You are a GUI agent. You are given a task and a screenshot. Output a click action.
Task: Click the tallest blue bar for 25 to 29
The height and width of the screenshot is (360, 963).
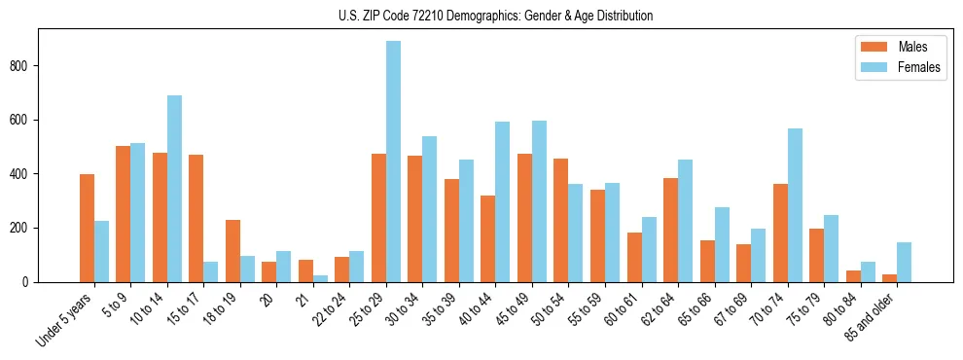[x=393, y=162]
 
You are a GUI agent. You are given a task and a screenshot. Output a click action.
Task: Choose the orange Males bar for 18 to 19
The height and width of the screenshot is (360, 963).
[x=232, y=251]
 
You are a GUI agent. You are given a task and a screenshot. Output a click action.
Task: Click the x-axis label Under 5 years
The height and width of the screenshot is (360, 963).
[x=67, y=319]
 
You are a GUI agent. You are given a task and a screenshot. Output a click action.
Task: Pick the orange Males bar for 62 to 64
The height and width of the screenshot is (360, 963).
[x=671, y=231]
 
